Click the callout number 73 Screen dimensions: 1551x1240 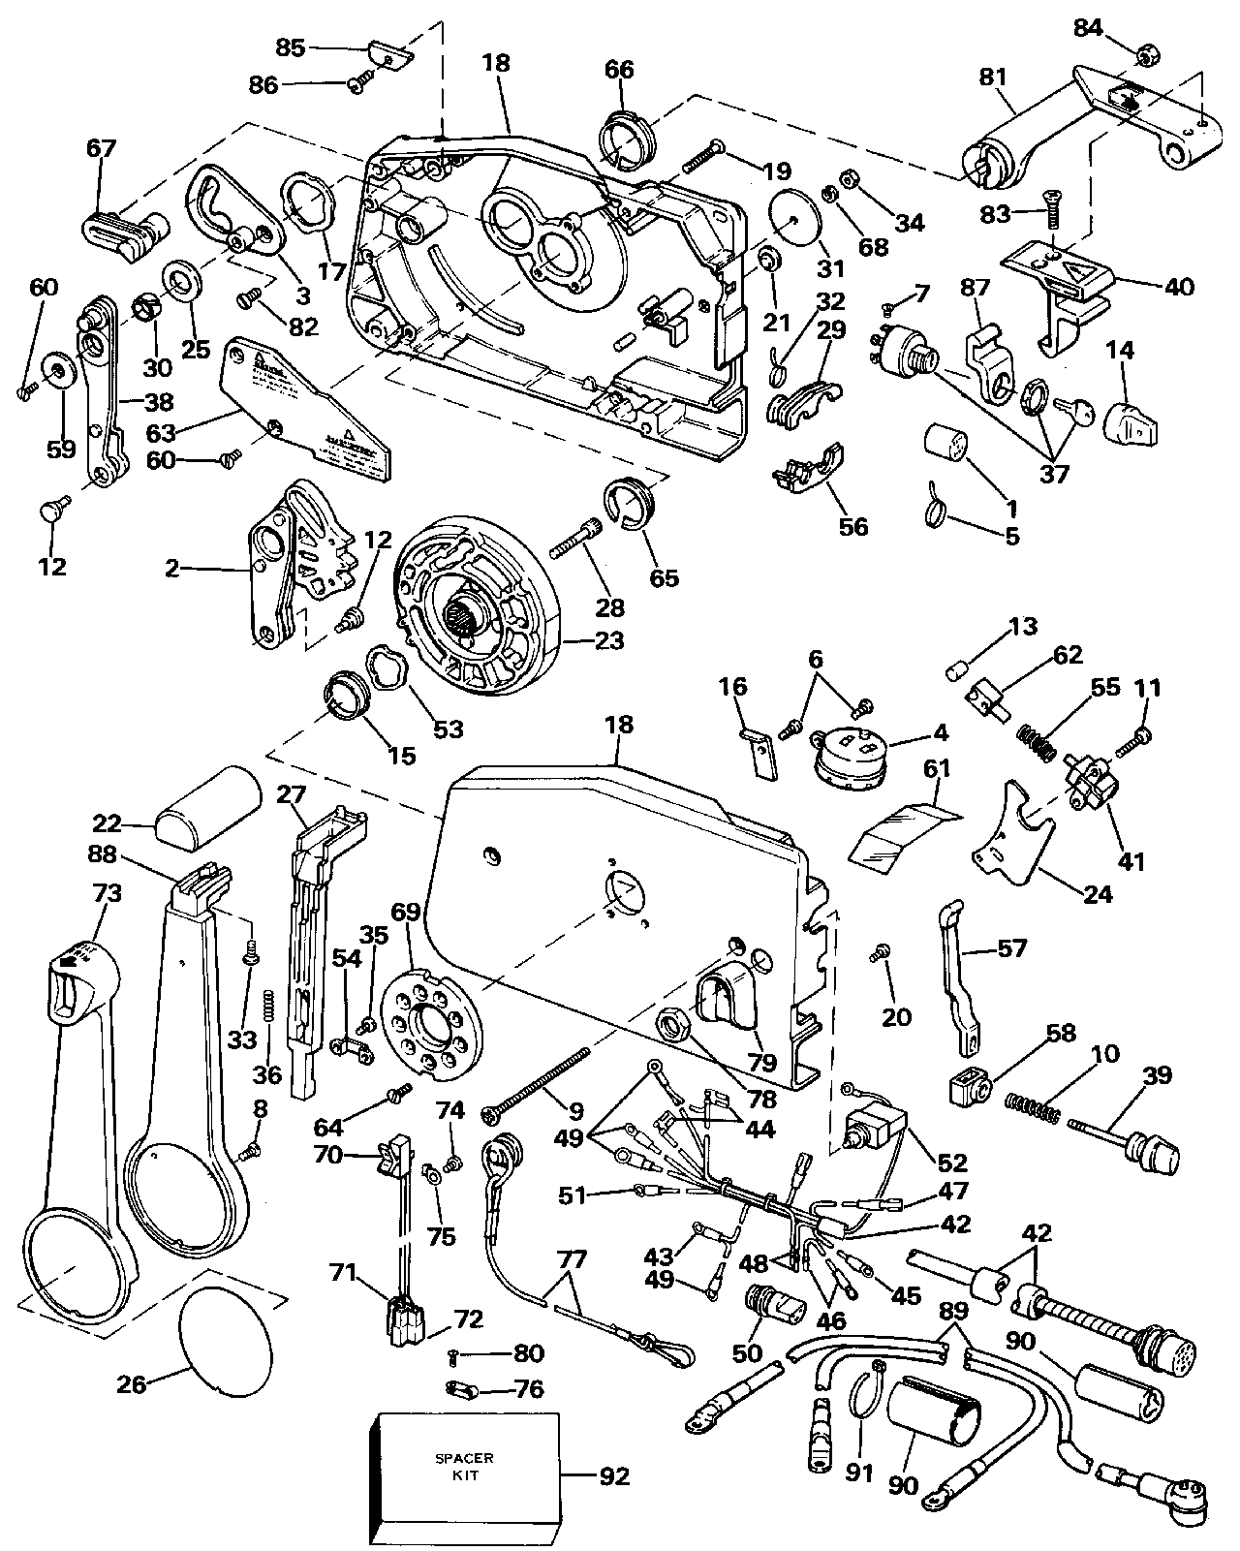click(107, 893)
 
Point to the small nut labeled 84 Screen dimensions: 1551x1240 click(1145, 57)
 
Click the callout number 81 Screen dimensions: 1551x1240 click(994, 77)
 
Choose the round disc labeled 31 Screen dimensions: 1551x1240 click(794, 218)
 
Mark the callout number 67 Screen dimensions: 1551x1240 click(101, 148)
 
